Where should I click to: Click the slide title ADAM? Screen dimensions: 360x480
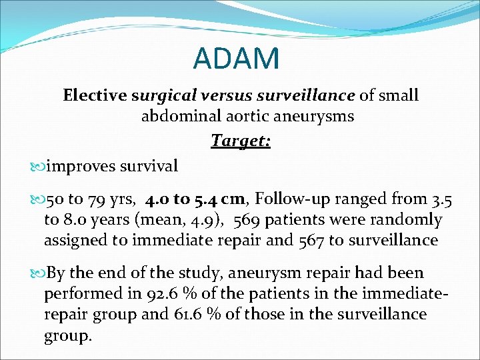[x=236, y=59]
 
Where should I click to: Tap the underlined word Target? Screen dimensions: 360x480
[x=240, y=141]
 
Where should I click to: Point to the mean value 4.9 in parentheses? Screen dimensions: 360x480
[x=202, y=219]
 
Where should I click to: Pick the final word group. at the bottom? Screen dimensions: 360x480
[x=67, y=335]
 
